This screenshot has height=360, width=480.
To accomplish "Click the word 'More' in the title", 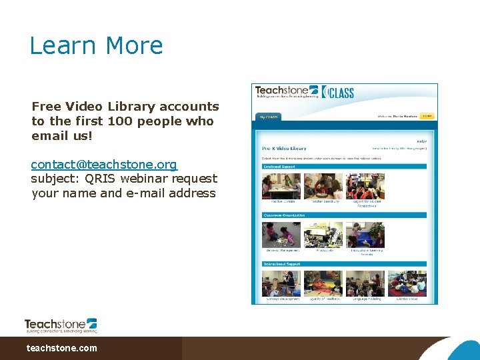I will click(x=134, y=45).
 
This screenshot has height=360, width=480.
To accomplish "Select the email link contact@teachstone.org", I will click(x=104, y=164).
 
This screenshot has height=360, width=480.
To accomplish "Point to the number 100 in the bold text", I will click(x=124, y=121).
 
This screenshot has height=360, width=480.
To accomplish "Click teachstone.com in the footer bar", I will click(x=61, y=348).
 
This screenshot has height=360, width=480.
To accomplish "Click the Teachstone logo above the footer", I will click(x=61, y=325).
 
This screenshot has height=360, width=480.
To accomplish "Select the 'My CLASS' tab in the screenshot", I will click(x=268, y=116).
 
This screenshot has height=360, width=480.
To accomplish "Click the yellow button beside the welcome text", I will click(x=427, y=116).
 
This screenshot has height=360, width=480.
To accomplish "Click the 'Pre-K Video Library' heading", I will click(x=284, y=148).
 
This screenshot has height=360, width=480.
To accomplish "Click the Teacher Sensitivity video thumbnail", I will click(x=323, y=186).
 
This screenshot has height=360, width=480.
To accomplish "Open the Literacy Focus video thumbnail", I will click(x=407, y=283).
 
